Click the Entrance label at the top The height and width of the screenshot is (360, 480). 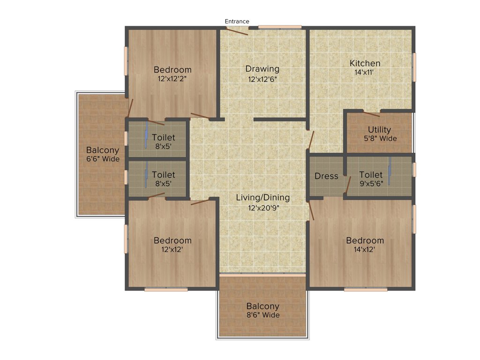pyautogui.click(x=237, y=21)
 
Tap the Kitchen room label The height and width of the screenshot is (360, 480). pyautogui.click(x=365, y=63)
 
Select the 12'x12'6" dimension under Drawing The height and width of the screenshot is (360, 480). pyautogui.click(x=262, y=79)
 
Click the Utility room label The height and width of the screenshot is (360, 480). pyautogui.click(x=379, y=130)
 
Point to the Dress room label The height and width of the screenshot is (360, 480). pyautogui.click(x=326, y=176)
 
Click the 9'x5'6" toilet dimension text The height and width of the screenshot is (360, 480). pyautogui.click(x=371, y=184)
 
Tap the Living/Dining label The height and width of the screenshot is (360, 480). pyautogui.click(x=262, y=197)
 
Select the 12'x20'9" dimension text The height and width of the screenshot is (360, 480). pyautogui.click(x=262, y=207)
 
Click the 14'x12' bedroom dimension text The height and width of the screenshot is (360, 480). pyautogui.click(x=365, y=250)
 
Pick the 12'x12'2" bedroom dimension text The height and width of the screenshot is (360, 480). pyautogui.click(x=172, y=79)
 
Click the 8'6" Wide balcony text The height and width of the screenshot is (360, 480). pyautogui.click(x=262, y=315)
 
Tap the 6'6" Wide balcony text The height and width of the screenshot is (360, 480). pyautogui.click(x=102, y=159)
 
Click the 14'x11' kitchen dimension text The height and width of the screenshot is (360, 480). pyautogui.click(x=365, y=73)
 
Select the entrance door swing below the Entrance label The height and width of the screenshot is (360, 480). pyautogui.click(x=237, y=31)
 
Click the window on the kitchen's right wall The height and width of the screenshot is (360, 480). pyautogui.click(x=414, y=67)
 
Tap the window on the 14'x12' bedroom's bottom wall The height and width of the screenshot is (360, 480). pyautogui.click(x=366, y=290)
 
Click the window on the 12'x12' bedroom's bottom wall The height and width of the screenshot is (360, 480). pyautogui.click(x=166, y=290)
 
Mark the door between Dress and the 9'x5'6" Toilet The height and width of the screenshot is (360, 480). pyautogui.click(x=347, y=185)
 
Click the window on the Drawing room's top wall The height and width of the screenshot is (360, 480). pyautogui.click(x=280, y=27)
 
